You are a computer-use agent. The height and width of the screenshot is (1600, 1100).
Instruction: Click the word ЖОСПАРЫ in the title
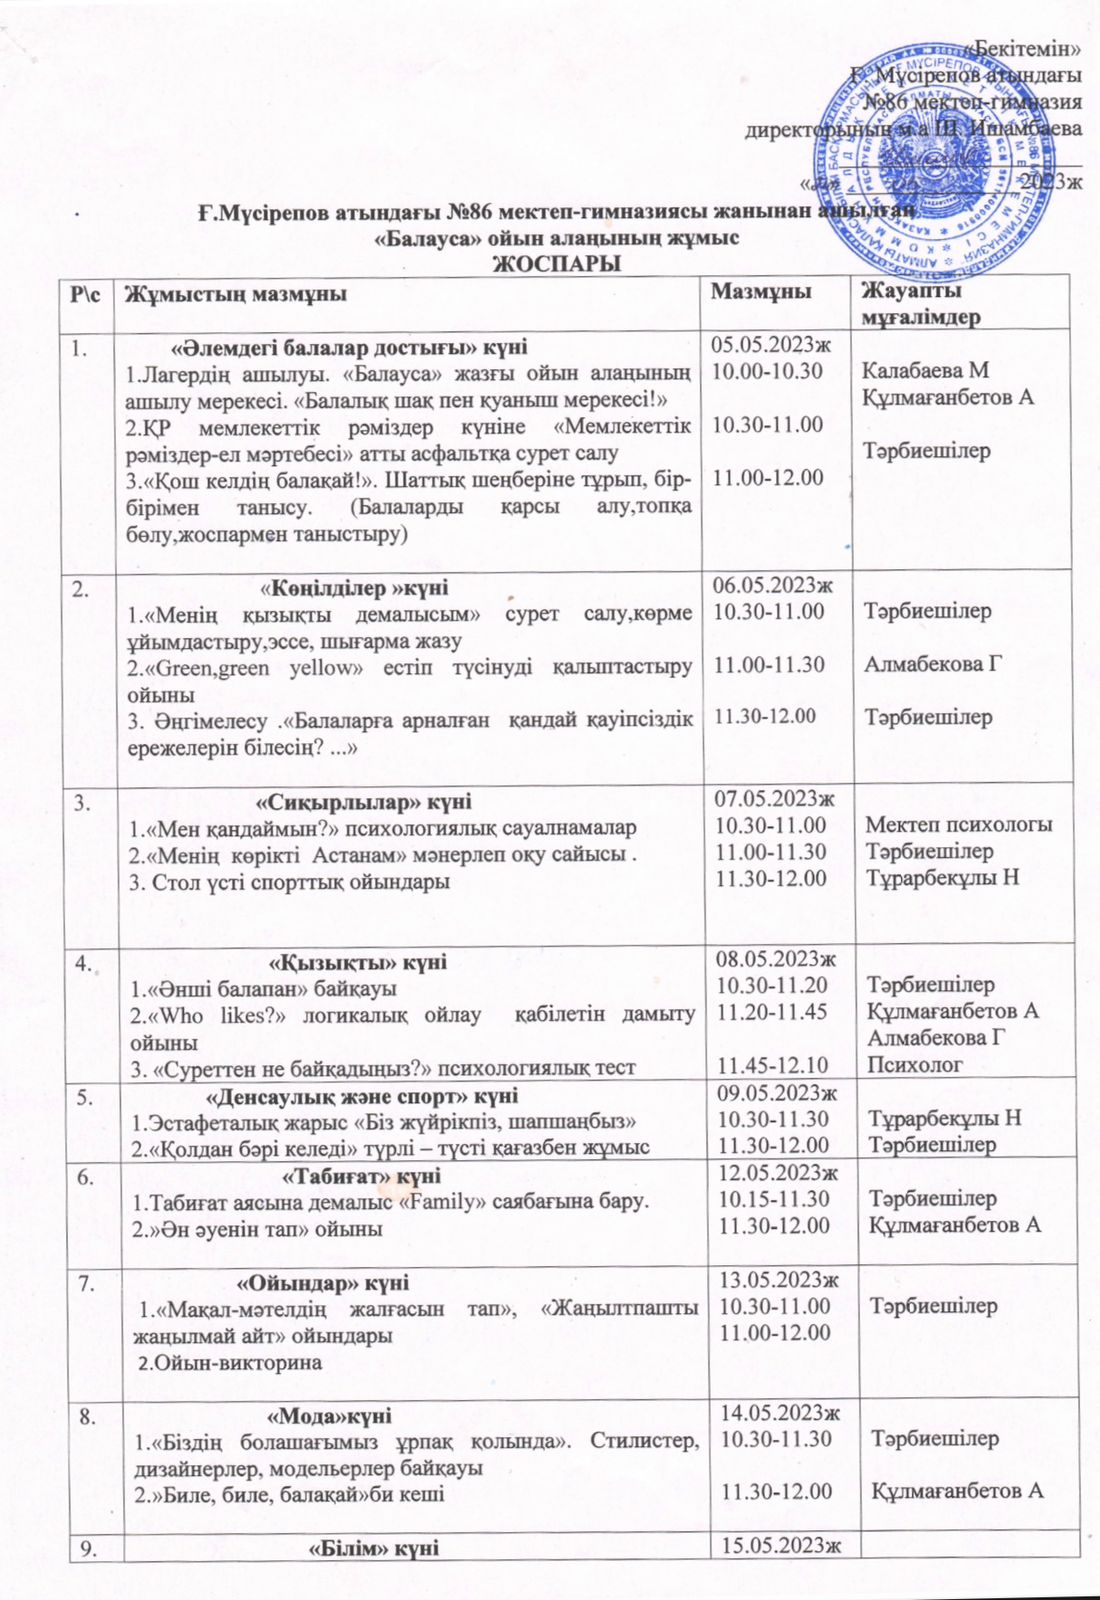click(x=556, y=263)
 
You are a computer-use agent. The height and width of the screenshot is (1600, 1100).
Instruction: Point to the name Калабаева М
click(x=926, y=371)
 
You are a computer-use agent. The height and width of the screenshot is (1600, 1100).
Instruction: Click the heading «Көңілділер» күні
click(x=354, y=587)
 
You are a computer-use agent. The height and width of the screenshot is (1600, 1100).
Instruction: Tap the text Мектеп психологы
click(x=958, y=825)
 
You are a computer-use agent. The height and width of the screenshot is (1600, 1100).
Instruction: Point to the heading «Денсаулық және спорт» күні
click(x=354, y=1096)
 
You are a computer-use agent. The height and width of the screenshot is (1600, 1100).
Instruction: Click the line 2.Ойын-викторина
click(x=230, y=1362)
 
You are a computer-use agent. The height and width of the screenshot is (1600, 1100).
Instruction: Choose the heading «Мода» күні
click(x=331, y=1416)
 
